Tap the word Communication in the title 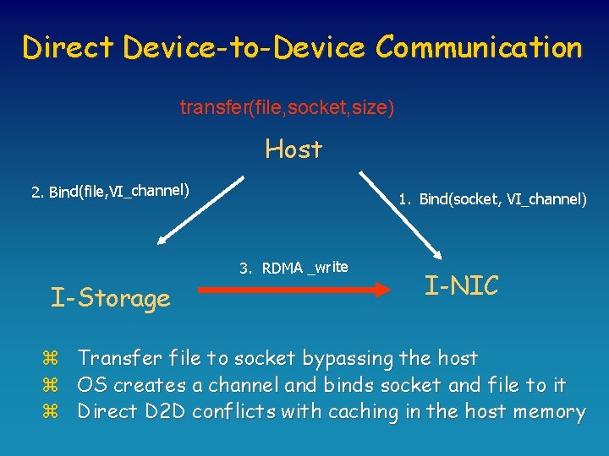click(x=480, y=47)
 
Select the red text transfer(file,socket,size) click(x=287, y=108)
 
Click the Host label click(x=294, y=149)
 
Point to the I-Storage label click(x=111, y=297)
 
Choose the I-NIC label click(x=462, y=285)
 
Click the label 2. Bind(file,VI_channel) click(x=110, y=190)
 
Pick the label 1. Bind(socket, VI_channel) click(x=493, y=199)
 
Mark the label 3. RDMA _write click(x=294, y=268)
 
